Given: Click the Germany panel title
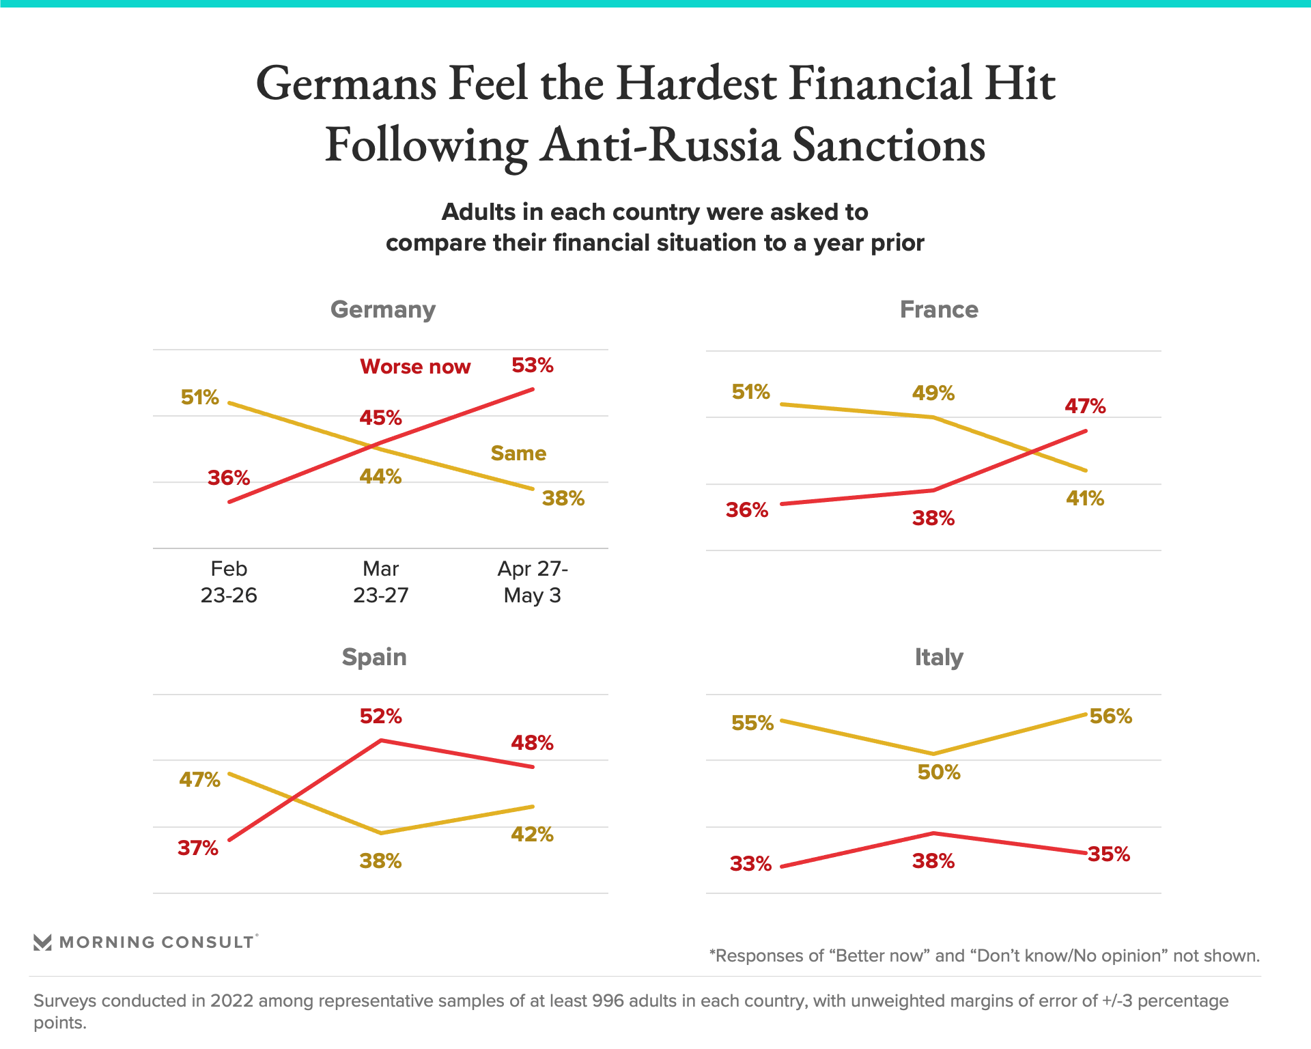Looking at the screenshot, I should point(382,309).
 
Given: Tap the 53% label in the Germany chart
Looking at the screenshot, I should point(533,365).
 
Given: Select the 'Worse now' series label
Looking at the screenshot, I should point(415,367).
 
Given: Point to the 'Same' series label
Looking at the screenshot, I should point(518,453).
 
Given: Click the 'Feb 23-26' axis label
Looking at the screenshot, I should point(229,582).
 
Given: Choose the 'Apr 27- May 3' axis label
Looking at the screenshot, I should point(533,582).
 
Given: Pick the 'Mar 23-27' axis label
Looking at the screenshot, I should point(380,582).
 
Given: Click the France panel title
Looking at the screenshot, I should point(939,309).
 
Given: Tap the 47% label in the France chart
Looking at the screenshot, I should point(1085,406).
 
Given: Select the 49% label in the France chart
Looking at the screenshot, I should point(933,393).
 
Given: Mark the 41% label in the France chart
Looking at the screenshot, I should point(1085,499).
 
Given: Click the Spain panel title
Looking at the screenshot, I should point(374,657).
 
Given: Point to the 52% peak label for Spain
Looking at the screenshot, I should point(380,716).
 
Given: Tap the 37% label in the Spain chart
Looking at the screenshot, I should point(198,848).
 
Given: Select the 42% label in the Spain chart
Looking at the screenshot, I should point(532,835).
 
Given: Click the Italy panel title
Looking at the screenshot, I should point(939,657).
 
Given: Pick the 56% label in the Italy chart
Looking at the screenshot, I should point(1111,716).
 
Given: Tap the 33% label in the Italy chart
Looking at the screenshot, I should point(750,864).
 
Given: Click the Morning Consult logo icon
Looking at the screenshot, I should point(42,942).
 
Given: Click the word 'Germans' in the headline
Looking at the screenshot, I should point(346,83).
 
